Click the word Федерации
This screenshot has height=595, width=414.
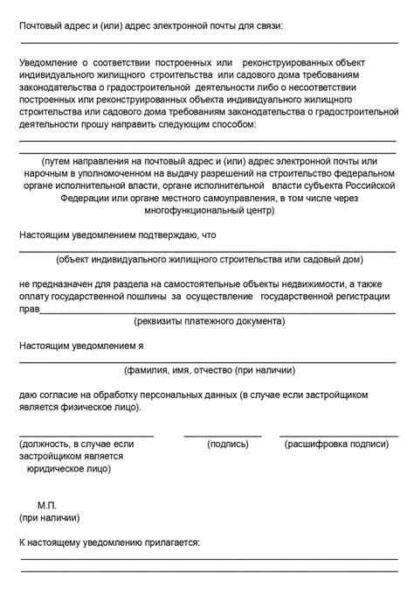click(x=85, y=199)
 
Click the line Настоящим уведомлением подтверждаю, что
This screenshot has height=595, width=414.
click(x=117, y=235)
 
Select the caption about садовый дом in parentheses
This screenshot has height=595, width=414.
click(x=208, y=260)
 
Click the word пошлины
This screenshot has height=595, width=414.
click(x=162, y=297)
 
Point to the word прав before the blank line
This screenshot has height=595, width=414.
click(x=30, y=309)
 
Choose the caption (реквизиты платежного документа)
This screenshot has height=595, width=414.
click(x=208, y=321)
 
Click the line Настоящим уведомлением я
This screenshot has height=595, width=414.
click(x=81, y=346)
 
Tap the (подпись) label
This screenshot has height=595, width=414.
click(x=228, y=444)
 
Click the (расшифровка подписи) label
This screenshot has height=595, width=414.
click(x=336, y=444)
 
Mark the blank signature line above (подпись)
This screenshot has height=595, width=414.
click(x=222, y=434)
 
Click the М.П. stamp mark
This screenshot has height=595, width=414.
click(x=48, y=506)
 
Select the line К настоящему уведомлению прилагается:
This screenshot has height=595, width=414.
click(x=109, y=542)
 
